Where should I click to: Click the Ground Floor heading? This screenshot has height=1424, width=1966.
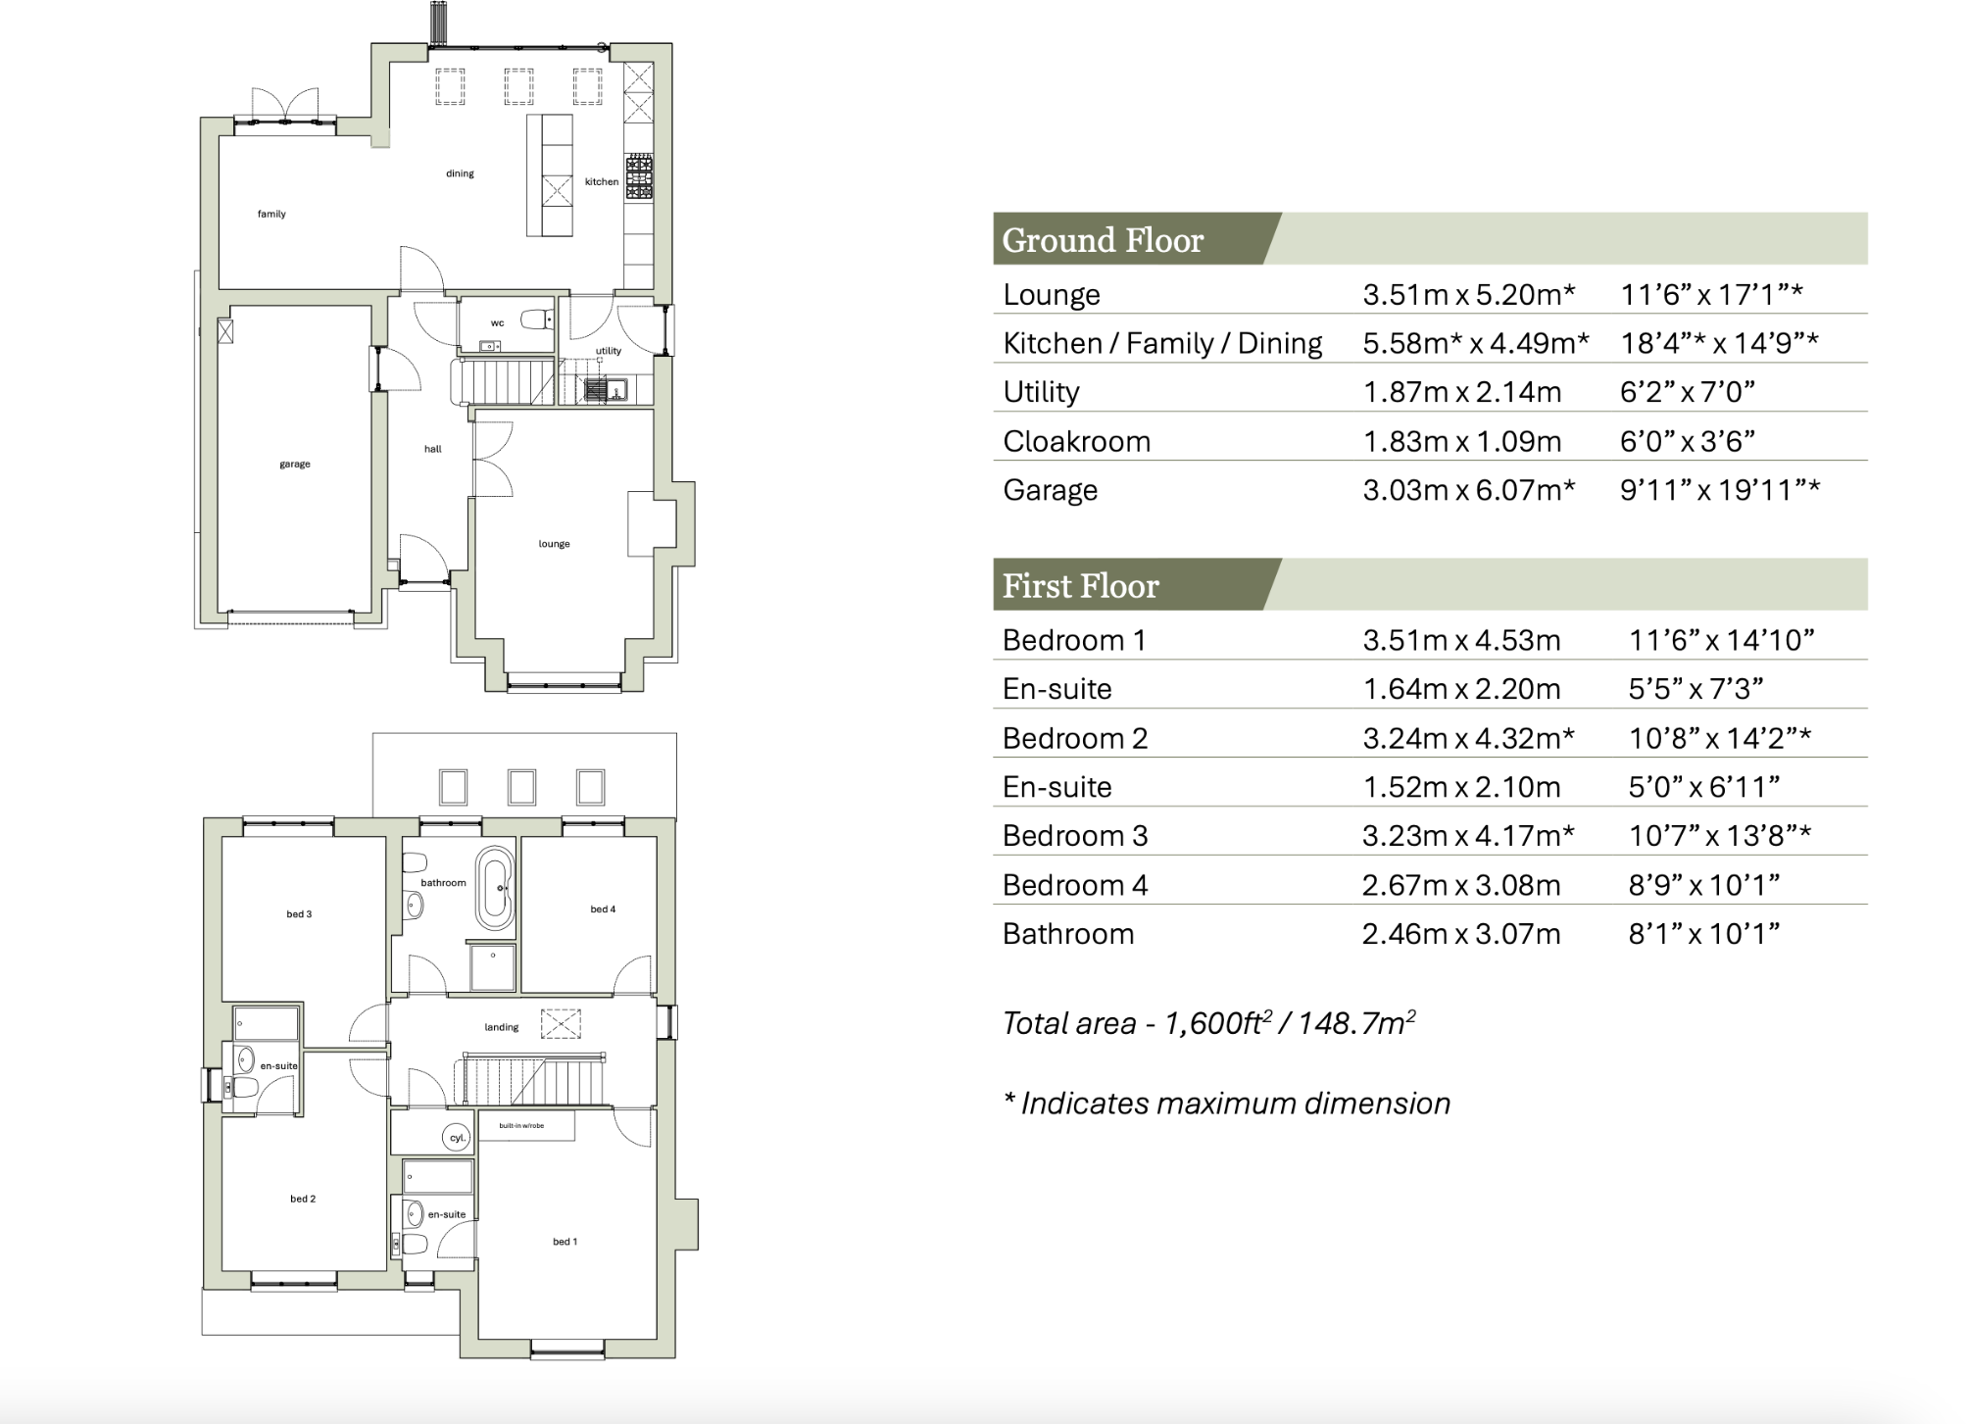coord(1102,240)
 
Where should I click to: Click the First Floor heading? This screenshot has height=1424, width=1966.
coord(1080,586)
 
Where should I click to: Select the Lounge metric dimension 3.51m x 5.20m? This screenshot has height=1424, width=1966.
coord(1468,294)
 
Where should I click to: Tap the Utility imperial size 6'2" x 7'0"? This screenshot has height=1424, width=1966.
coord(1687,392)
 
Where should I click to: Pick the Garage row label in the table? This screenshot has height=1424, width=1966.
coord(1050,490)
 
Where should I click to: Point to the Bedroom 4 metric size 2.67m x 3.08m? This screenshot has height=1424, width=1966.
coord(1460,885)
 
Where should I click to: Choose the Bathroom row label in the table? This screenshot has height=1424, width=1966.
coord(1067,934)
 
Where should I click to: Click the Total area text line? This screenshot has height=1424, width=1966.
coord(1208,1023)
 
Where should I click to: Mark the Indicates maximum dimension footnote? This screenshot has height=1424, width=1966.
coord(1226,1104)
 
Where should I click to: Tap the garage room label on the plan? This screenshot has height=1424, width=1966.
coord(294,464)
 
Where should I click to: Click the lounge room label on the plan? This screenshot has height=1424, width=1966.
coord(554,544)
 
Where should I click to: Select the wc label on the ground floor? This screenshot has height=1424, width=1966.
coord(497,322)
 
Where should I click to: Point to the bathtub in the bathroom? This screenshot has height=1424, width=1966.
coord(495,888)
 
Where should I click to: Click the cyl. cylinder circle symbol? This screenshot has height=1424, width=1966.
coord(457,1138)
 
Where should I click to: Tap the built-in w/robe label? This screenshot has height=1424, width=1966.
coord(521,1125)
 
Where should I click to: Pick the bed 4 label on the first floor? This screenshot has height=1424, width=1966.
coord(603,909)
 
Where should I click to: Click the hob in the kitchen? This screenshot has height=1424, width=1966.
coord(639,176)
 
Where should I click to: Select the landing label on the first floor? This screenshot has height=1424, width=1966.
coord(501,1027)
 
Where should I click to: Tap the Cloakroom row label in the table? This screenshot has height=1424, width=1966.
coord(1076,441)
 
